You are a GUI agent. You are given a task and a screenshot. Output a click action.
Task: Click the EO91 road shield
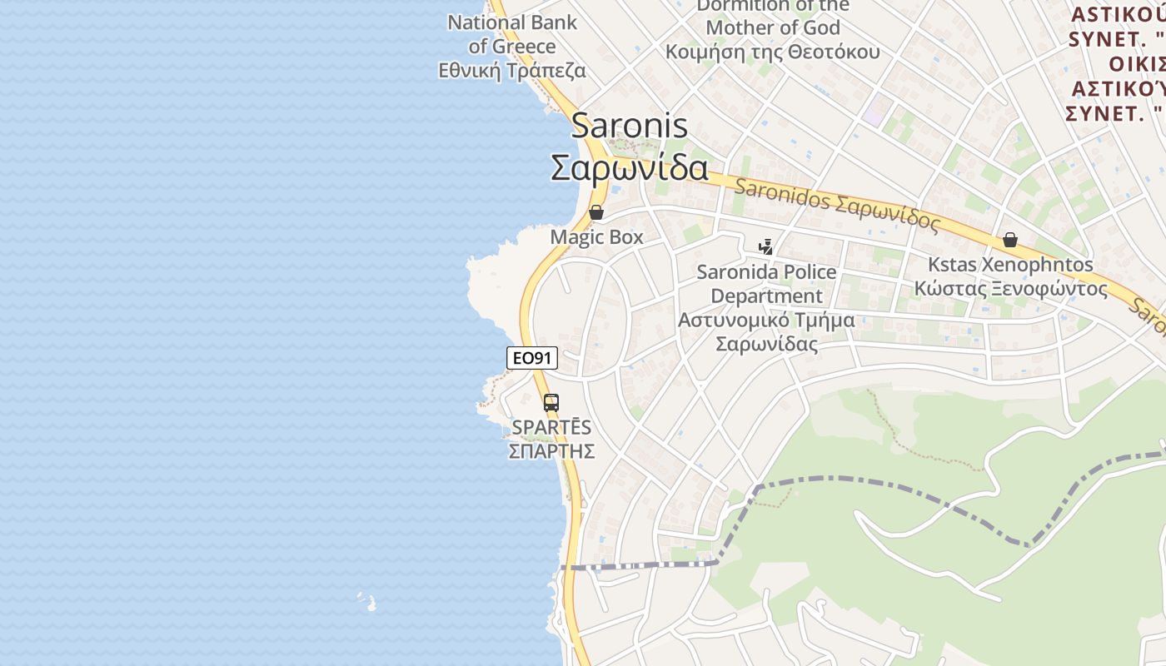[x=531, y=358]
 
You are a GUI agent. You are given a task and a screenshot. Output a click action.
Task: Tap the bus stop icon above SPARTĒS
[x=551, y=403]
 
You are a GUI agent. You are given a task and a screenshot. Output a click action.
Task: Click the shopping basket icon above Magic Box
[x=595, y=212]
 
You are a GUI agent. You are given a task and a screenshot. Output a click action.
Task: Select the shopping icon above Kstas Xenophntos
[x=1009, y=240]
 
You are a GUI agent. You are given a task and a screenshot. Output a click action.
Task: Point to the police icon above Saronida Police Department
[x=765, y=246]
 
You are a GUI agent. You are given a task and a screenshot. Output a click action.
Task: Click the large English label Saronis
[x=630, y=126]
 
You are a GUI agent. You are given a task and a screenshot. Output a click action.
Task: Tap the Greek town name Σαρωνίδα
[x=630, y=167]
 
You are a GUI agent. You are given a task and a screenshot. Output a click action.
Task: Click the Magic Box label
[x=596, y=237]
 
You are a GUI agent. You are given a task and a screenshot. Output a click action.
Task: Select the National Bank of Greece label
[x=511, y=34]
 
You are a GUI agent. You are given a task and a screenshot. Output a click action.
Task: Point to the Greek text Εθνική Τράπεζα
[x=511, y=71]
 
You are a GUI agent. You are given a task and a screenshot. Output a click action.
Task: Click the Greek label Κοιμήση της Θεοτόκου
[x=772, y=52]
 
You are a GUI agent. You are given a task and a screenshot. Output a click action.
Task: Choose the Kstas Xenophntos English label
[x=1010, y=265]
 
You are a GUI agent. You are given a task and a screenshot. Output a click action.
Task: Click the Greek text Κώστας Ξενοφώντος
[x=1010, y=289]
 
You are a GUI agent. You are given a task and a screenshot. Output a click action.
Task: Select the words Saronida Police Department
[x=766, y=284]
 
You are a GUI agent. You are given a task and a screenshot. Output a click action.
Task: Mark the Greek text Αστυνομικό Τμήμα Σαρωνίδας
[x=766, y=331]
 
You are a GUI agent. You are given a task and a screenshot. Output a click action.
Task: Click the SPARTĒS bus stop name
[x=551, y=427]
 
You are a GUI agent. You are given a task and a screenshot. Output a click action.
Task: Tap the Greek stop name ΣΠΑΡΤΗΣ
[x=551, y=451]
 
